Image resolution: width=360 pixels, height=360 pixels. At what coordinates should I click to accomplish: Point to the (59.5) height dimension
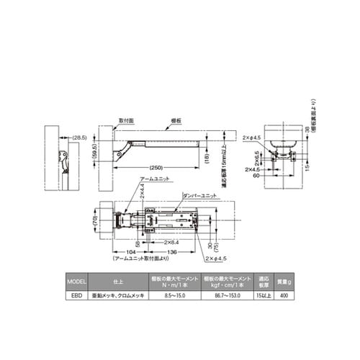pos(102,153)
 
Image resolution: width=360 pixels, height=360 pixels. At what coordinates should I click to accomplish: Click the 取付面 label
pos(126,121)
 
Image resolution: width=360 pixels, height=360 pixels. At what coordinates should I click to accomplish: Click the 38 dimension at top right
pos(305,130)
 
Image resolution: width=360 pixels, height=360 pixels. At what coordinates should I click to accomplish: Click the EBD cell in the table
pos(76,295)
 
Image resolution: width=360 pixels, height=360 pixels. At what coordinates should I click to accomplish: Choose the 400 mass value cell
pos(284,295)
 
